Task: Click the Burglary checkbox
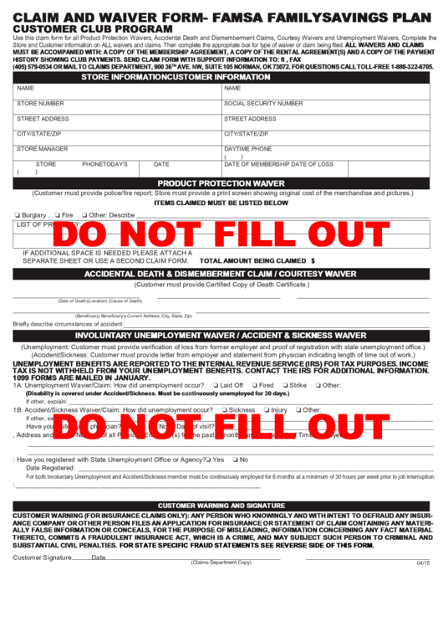click(18, 215)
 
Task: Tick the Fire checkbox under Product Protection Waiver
click(57, 215)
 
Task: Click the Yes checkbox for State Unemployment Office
click(209, 460)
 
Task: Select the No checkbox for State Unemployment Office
click(236, 460)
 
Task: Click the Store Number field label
click(40, 104)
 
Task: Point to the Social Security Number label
click(263, 104)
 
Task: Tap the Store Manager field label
click(43, 149)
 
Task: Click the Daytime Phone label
click(248, 149)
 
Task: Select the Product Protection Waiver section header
click(221, 182)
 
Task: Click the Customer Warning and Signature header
click(221, 506)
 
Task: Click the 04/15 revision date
click(423, 563)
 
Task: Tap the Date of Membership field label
click(278, 164)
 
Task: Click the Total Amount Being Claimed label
click(254, 260)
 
